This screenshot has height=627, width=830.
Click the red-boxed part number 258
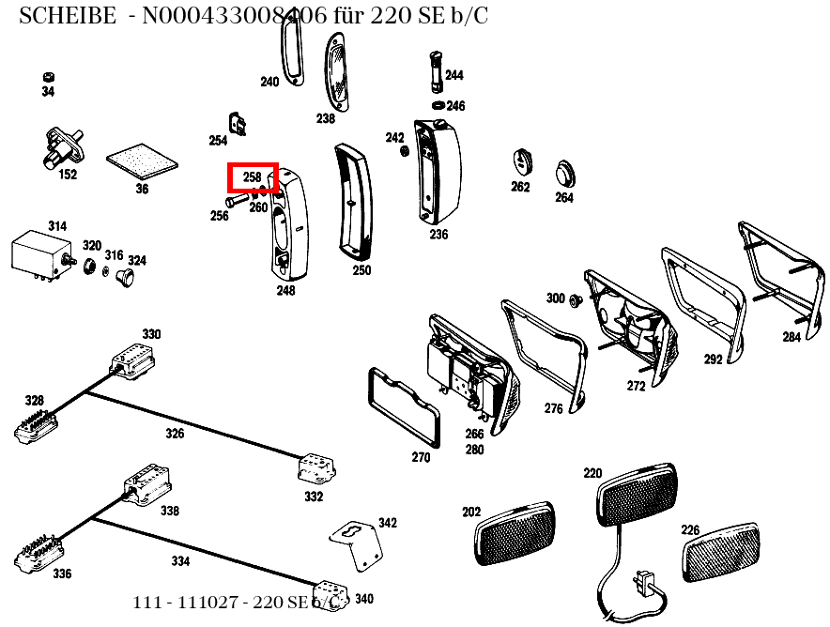(x=253, y=176)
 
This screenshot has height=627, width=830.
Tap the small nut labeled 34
(x=48, y=77)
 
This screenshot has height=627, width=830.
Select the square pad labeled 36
(x=141, y=161)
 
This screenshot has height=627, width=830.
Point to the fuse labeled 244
(x=435, y=71)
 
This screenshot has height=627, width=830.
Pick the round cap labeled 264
(x=563, y=173)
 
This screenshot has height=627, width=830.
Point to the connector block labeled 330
(x=131, y=360)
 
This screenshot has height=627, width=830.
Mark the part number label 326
(x=175, y=434)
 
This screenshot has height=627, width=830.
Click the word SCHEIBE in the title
(x=67, y=16)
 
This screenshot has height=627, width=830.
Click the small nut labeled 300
(x=576, y=300)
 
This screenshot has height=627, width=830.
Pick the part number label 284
(x=792, y=337)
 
